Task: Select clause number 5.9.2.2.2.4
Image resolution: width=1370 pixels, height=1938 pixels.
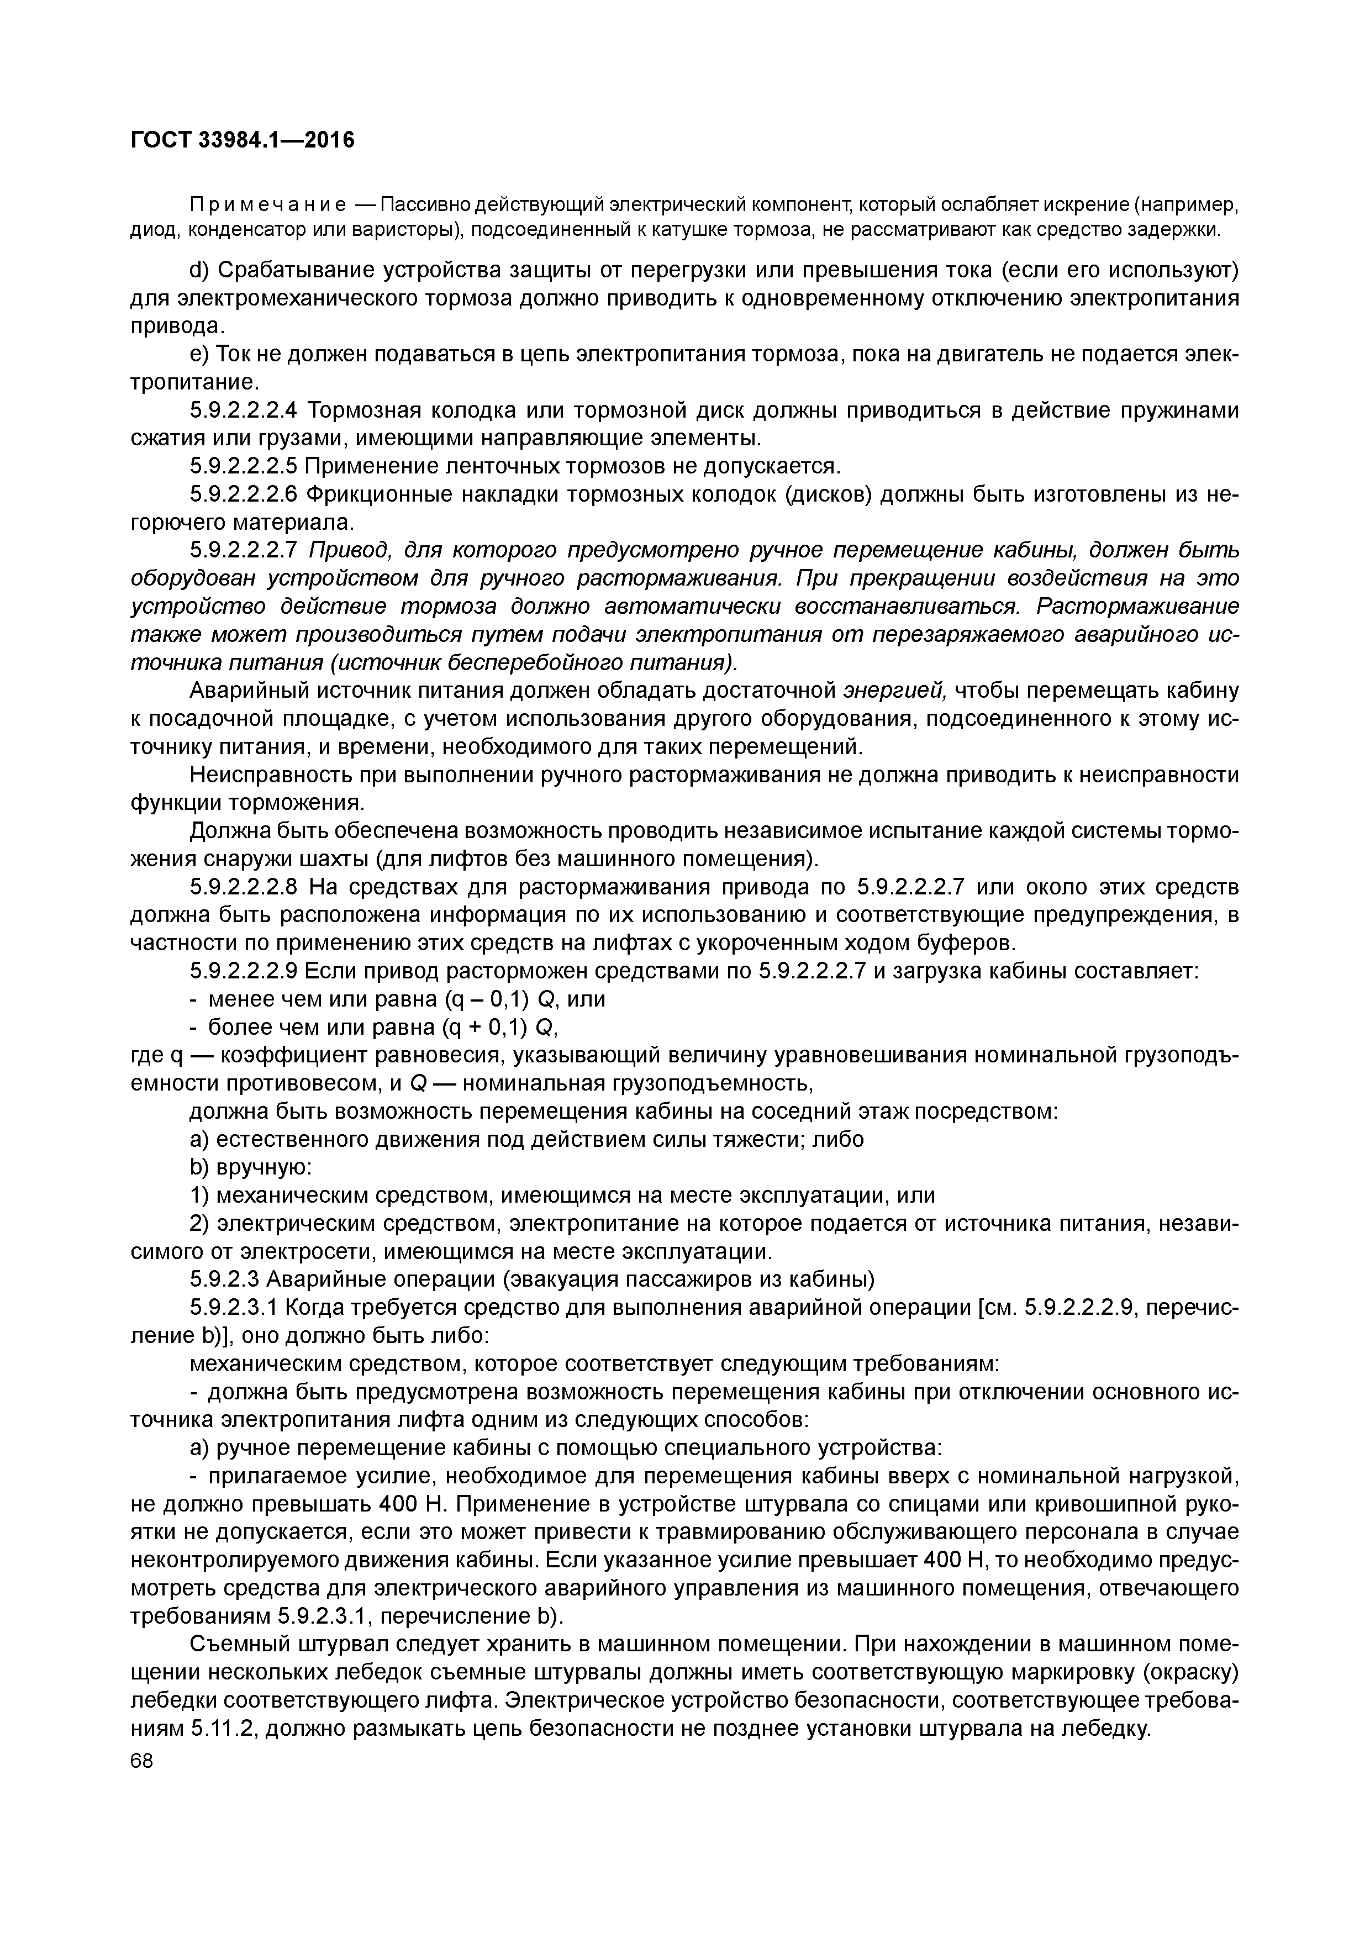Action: point(244,411)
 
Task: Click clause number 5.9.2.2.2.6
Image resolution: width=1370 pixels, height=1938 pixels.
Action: point(244,494)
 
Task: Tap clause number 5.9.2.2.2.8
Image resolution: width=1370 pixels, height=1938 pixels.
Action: point(244,888)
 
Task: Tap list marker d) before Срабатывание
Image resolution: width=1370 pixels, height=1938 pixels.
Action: point(198,270)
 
